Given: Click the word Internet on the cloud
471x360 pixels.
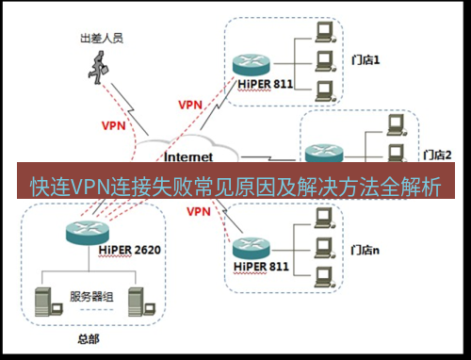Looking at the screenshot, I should click(x=187, y=155).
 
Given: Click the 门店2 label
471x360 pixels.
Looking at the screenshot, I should click(x=438, y=155).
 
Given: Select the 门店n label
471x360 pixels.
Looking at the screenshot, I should click(x=365, y=250).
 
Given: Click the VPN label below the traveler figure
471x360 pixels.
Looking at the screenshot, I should click(x=113, y=123).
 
